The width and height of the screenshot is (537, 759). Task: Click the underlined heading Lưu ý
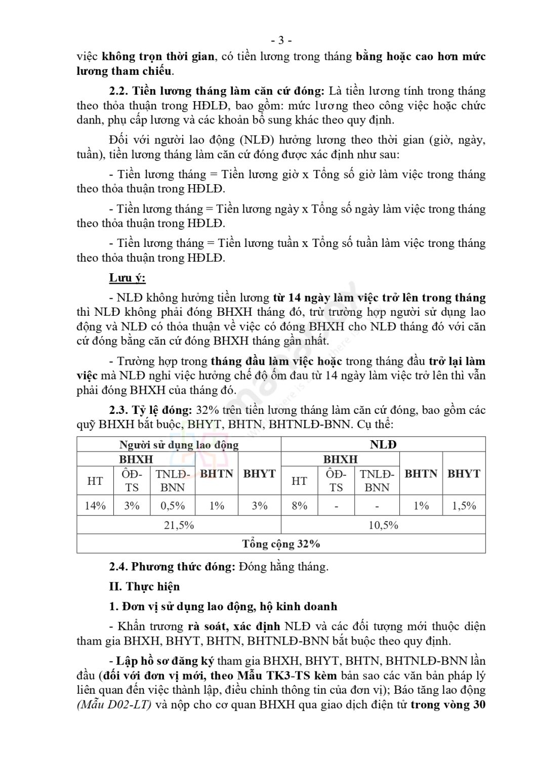(x=127, y=278)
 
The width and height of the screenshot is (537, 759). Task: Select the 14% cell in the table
(x=95, y=505)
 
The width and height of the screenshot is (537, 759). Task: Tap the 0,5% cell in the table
(x=173, y=505)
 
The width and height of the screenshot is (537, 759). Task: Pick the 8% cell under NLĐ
(x=300, y=505)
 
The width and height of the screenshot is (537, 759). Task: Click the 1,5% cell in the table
(x=464, y=505)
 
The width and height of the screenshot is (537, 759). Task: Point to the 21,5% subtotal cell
(x=179, y=525)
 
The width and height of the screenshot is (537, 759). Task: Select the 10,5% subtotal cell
(x=383, y=525)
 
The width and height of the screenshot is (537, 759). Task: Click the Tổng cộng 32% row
(x=281, y=544)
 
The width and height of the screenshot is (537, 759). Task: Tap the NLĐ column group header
(x=383, y=444)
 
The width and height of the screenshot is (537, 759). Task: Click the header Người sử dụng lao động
(x=179, y=445)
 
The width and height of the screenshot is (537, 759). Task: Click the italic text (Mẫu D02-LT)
(x=114, y=705)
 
